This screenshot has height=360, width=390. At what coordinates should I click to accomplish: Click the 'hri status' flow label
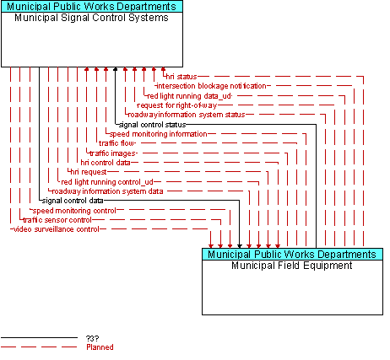181,77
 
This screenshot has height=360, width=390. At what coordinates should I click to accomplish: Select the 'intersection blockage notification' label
211,86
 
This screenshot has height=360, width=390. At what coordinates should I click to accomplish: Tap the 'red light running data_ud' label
189,96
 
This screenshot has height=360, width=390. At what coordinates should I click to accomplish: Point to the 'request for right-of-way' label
177,105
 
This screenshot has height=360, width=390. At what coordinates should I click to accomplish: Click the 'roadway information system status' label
187,115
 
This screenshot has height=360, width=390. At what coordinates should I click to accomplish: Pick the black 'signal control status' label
153,125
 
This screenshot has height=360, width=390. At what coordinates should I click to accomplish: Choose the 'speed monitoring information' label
159,134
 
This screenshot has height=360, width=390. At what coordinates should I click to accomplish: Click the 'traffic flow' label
116,143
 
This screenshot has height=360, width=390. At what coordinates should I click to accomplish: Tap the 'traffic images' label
112,153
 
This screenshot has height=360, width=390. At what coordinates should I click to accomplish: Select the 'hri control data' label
106,163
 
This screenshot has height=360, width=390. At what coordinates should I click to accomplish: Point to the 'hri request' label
89,172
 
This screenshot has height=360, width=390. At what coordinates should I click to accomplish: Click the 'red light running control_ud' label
107,182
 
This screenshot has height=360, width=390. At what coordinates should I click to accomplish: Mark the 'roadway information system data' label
108,191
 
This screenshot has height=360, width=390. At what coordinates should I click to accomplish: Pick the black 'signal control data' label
73,201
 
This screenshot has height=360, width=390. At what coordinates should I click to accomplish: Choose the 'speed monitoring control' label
74,211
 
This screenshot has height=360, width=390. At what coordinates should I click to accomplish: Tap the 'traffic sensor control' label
57,220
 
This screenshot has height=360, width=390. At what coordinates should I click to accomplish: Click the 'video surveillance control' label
57,229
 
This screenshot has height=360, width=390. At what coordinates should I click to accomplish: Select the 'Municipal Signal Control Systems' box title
91,18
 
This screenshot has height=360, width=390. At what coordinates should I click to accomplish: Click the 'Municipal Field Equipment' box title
292,266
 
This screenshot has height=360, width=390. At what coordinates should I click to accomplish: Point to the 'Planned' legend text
100,347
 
